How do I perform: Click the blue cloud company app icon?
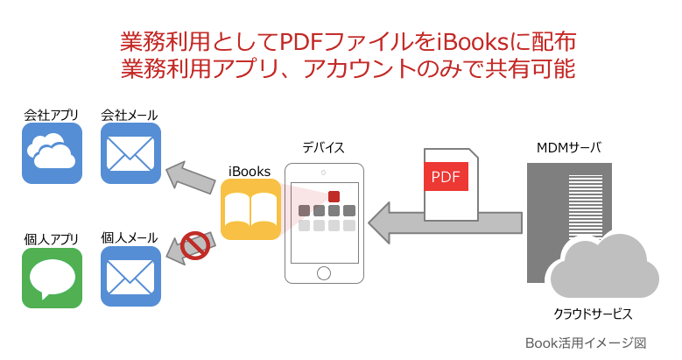(52, 153)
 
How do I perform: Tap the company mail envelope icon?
(130, 153)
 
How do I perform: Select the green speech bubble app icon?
(52, 277)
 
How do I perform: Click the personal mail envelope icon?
(130, 277)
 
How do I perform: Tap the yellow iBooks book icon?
(250, 209)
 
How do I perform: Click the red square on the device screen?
(334, 196)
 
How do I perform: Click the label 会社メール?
(130, 115)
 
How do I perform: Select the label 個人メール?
(130, 237)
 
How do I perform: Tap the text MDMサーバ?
(568, 146)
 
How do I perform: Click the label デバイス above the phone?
(323, 146)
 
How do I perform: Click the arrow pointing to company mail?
(192, 177)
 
